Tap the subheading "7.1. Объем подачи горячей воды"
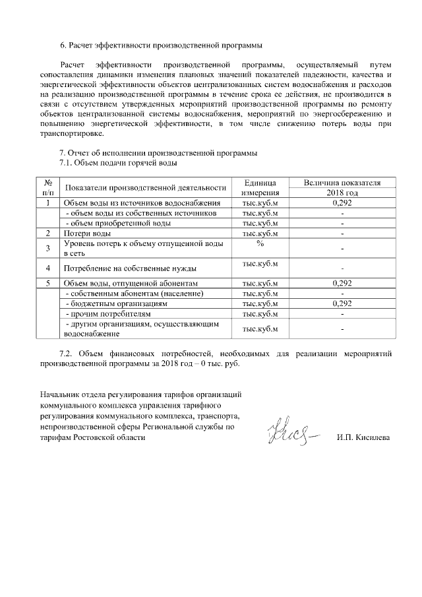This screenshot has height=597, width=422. point(119,162)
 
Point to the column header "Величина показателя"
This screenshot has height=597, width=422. point(342,183)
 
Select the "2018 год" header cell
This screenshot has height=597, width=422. point(342,193)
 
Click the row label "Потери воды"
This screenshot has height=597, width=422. point(86,234)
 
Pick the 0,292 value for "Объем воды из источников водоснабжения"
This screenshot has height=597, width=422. point(342,203)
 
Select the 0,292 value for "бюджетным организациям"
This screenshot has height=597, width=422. point(342,303)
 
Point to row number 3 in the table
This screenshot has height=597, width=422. point(48,248)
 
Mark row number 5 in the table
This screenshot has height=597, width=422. point(48,284)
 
